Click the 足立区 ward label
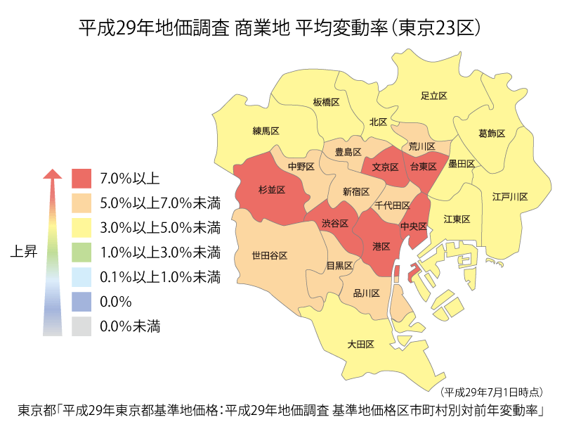click(434, 95)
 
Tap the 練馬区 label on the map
click(266, 131)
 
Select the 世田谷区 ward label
click(270, 255)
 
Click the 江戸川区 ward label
click(510, 196)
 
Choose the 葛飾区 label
click(491, 133)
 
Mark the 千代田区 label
click(393, 205)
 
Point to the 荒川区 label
click(422, 146)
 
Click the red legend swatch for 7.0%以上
click(81, 178)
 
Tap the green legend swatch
click(81, 252)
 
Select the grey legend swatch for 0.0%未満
click(81, 326)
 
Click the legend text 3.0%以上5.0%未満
click(160, 227)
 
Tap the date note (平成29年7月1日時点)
click(492, 391)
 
